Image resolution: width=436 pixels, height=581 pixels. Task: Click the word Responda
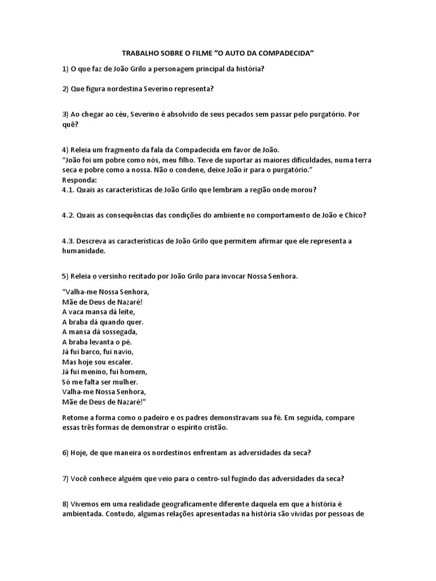click(79, 180)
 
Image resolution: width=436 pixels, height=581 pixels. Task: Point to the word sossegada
click(118, 332)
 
